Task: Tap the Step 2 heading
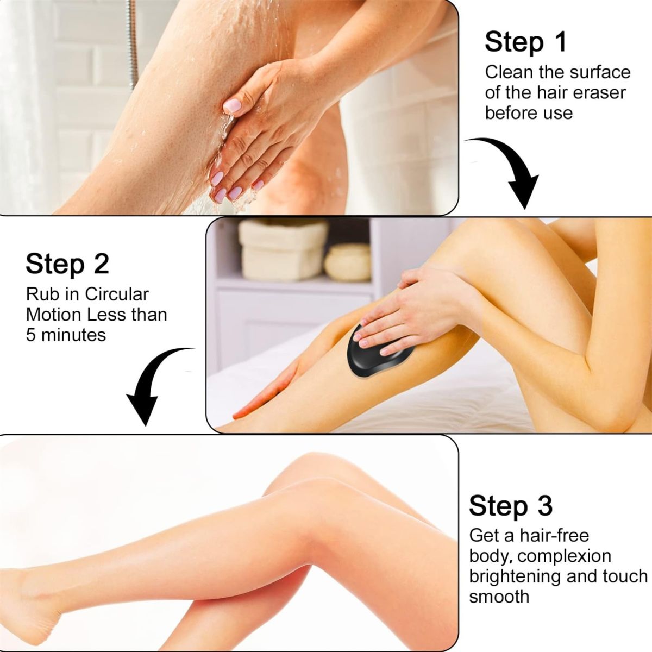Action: tap(67, 264)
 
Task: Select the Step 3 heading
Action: tap(510, 505)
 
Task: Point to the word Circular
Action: tap(117, 294)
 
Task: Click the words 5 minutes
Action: tap(66, 334)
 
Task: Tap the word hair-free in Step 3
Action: tap(554, 535)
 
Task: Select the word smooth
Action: tap(499, 596)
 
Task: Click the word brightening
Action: tap(514, 576)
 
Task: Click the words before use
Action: tap(528, 113)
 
